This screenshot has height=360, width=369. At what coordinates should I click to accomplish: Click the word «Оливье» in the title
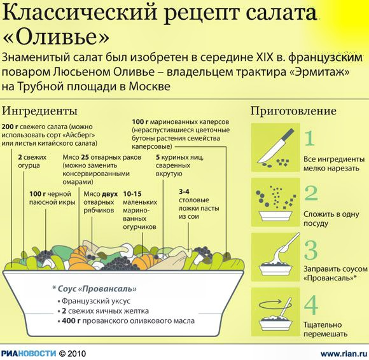57,37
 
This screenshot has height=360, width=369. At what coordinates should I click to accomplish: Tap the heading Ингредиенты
39,111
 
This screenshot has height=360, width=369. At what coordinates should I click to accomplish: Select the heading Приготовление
293,111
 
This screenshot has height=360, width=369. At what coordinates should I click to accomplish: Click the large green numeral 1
310,139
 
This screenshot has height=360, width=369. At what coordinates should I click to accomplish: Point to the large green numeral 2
312,193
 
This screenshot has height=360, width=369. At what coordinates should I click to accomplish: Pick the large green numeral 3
311,250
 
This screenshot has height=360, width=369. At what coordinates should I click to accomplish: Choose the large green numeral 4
311,305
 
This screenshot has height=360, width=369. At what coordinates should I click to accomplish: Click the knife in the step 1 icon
276,146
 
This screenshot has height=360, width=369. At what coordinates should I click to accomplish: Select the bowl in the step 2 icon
275,216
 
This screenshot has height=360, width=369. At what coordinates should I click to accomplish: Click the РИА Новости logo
29,354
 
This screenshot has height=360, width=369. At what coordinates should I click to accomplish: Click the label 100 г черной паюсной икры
52,198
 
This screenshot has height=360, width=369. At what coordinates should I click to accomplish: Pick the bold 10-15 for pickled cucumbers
132,194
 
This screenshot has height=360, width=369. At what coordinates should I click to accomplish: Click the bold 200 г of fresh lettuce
10,127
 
